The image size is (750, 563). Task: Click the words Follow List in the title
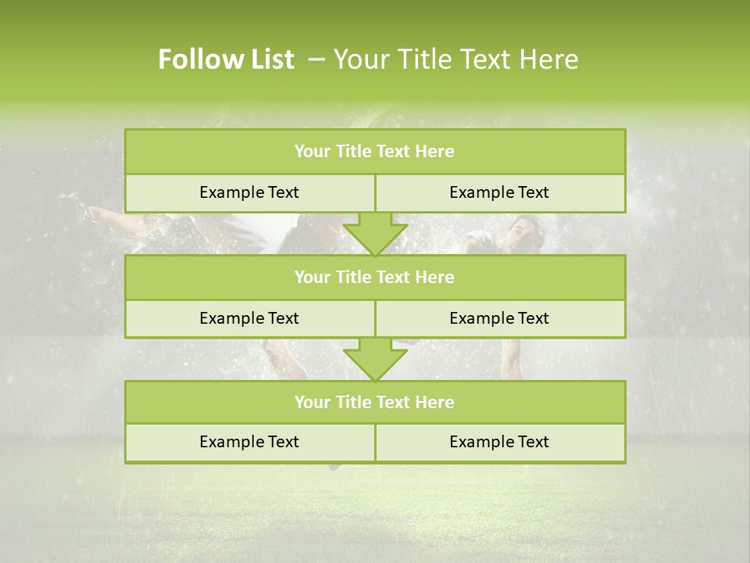pyautogui.click(x=226, y=59)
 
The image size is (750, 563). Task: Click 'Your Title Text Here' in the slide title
pyautogui.click(x=455, y=59)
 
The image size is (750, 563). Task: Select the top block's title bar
pyautogui.click(x=374, y=152)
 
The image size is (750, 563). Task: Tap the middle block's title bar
pyautogui.click(x=374, y=278)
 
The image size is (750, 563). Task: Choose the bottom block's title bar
pyautogui.click(x=374, y=403)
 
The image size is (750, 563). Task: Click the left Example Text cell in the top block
pyautogui.click(x=249, y=193)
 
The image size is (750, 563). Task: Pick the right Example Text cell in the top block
pyautogui.click(x=499, y=193)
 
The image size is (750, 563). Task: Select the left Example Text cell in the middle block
pyautogui.click(x=249, y=319)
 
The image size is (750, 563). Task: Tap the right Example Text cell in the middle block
pyautogui.click(x=499, y=319)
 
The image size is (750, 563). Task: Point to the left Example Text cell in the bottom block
pyautogui.click(x=249, y=443)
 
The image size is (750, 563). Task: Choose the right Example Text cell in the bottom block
pyautogui.click(x=499, y=443)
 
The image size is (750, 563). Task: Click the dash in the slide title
pyautogui.click(x=317, y=59)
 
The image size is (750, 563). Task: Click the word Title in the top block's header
pyautogui.click(x=352, y=152)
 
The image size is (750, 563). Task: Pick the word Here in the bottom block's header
pyautogui.click(x=435, y=403)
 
